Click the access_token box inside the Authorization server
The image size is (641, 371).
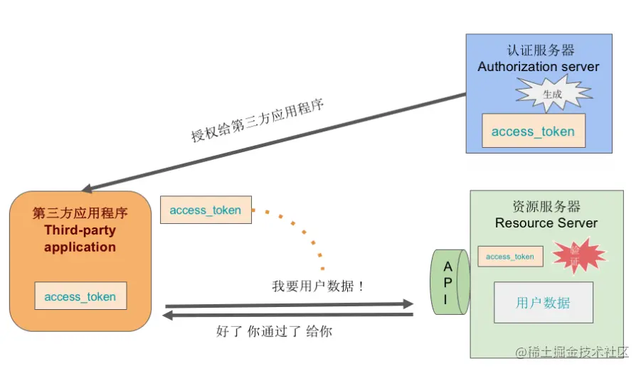coord(533,131)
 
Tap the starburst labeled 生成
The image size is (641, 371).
coord(553,93)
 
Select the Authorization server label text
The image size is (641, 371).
coord(538,67)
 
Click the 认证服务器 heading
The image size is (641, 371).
coord(538,50)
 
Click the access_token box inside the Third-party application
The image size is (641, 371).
coord(80,296)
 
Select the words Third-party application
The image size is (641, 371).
coord(80,239)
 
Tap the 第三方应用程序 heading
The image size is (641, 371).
coord(80,213)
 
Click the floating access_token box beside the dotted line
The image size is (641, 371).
coord(206,210)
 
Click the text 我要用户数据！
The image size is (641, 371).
coord(318,286)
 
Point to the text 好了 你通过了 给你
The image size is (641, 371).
coord(274,331)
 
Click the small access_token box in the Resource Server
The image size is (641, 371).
coord(509,257)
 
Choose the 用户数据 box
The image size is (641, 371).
coord(544,302)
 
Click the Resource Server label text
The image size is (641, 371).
coord(546,222)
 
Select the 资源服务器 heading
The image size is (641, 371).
coord(546,206)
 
